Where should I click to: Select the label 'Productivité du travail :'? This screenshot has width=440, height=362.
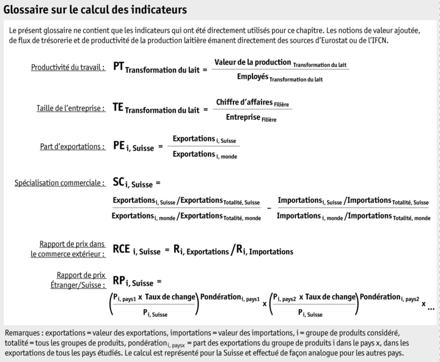tap(68, 67)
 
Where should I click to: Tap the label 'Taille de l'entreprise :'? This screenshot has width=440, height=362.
tap(69, 107)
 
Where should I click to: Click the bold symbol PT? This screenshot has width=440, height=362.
tap(119, 66)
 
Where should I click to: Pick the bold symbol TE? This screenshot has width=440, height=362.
tap(119, 107)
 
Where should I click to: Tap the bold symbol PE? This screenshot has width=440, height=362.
tap(119, 146)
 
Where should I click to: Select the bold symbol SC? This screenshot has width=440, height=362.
tap(119, 181)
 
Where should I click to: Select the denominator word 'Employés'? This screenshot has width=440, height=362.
tap(252, 77)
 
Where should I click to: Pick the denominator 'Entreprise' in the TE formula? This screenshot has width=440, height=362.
tap(243, 117)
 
